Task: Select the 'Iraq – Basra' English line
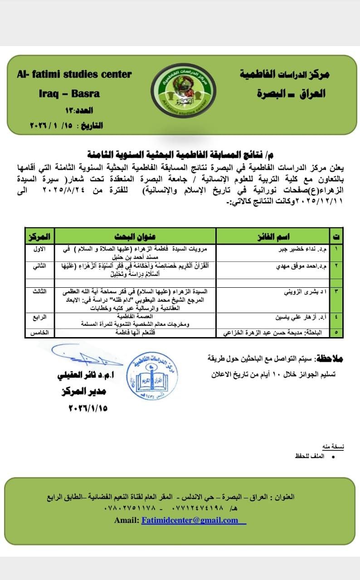click(69, 94)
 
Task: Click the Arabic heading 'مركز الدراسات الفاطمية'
click(285, 74)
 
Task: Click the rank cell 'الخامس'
click(39, 333)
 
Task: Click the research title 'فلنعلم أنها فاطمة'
click(135, 333)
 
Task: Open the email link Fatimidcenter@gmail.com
click(190, 520)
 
